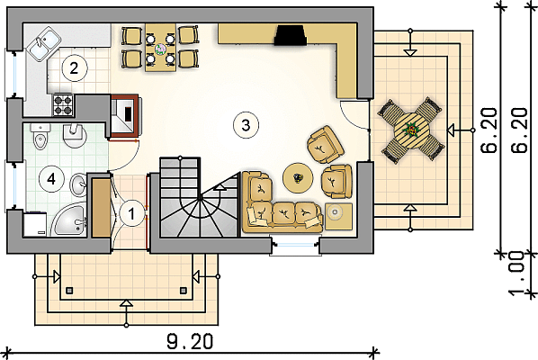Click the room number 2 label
pos(74,68)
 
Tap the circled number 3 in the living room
pos(246,125)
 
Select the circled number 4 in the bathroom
pos(51,178)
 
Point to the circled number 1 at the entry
pos(132,214)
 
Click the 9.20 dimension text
pos(190,341)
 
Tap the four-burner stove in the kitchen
pos(63,105)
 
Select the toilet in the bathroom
pos(40,137)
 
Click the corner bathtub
pos(69,220)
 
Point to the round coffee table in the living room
pos(298,178)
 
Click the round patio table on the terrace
pos(411,130)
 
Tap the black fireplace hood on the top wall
pos(290,36)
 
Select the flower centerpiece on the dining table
pos(160,49)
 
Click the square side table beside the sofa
pos(338,216)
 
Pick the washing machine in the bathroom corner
pos(35,224)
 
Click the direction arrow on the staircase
pos(220,187)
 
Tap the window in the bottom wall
pos(295,245)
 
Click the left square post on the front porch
pos(69,291)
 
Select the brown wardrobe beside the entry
pos(102,208)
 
